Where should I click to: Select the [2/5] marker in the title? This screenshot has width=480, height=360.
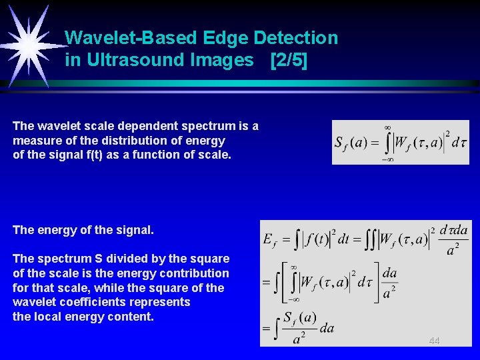tap(289, 60)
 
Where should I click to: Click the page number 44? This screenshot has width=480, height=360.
tap(434, 341)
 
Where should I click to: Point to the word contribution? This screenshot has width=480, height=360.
tap(198, 273)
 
